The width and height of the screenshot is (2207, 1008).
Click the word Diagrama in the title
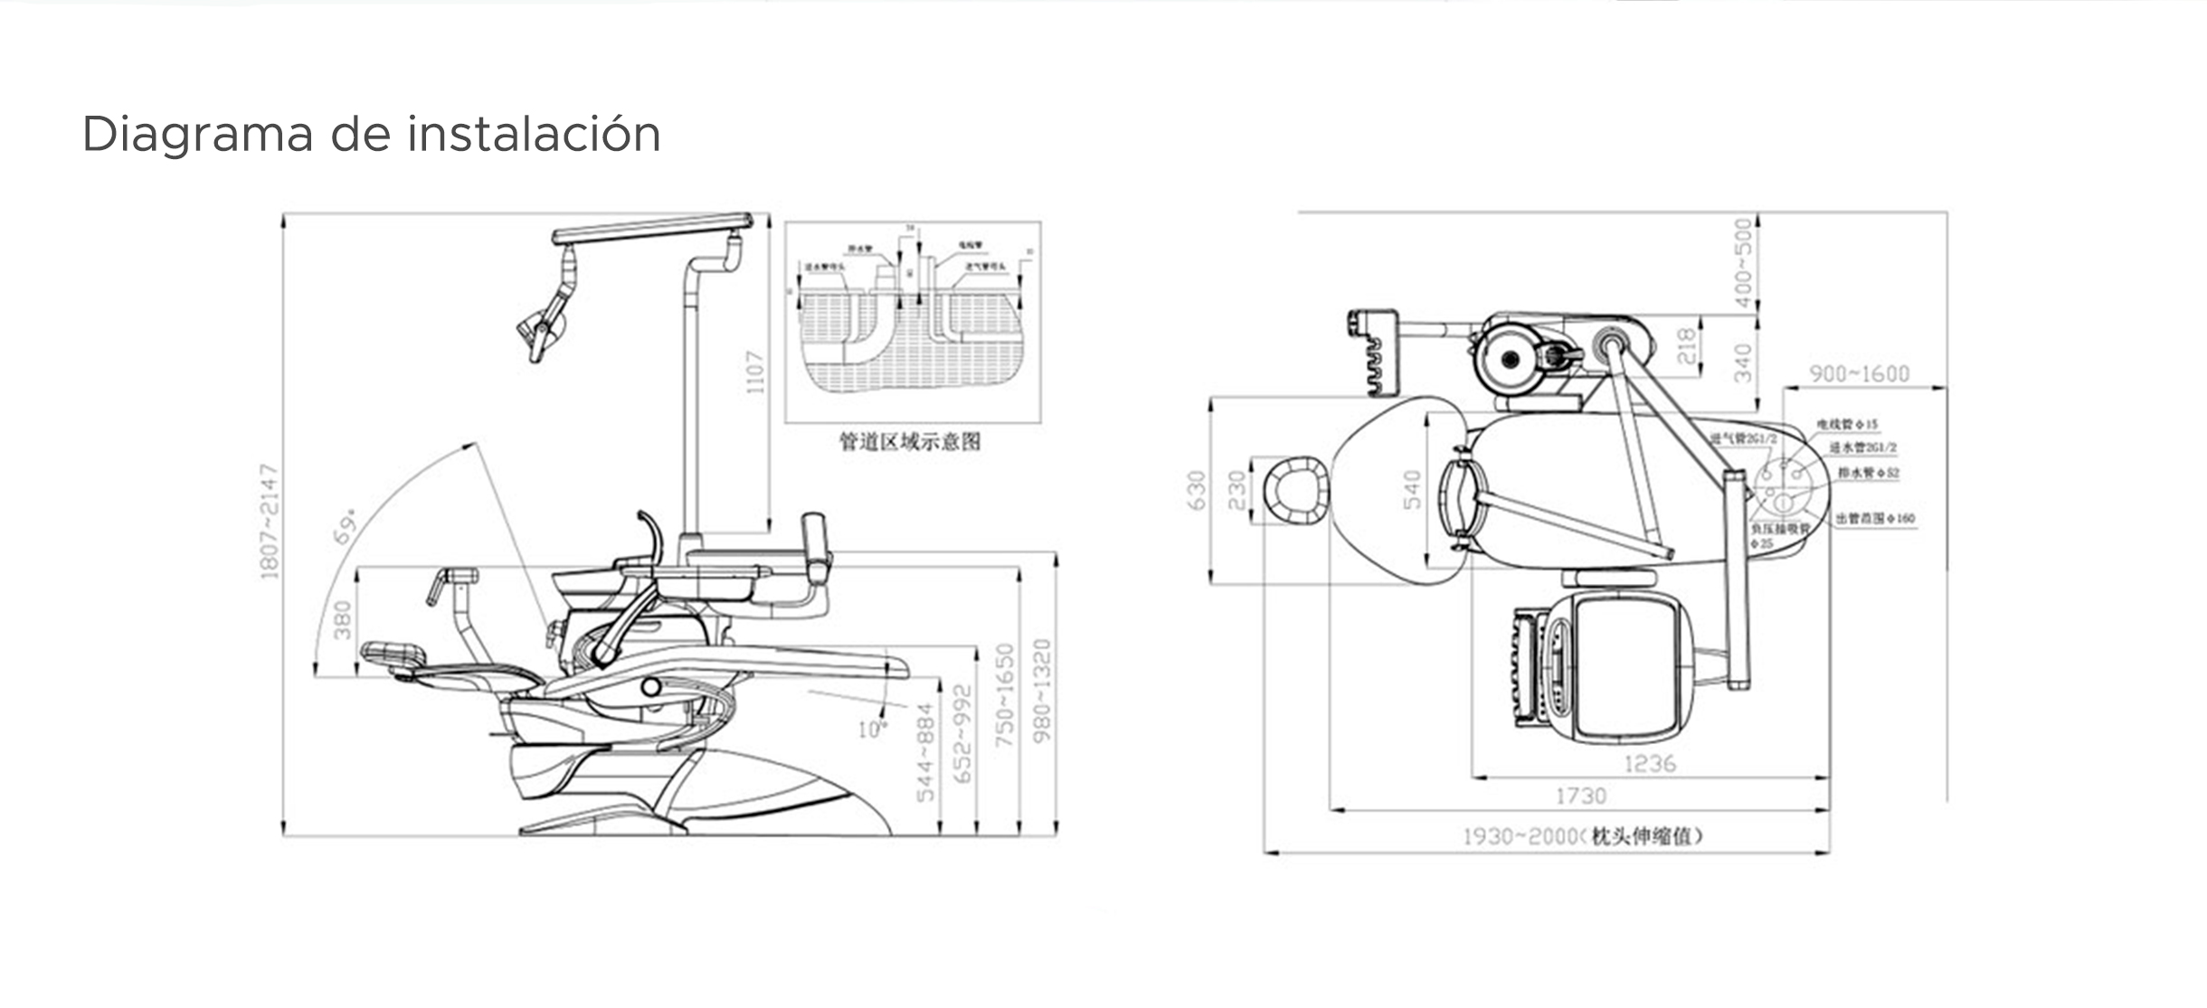coord(197,135)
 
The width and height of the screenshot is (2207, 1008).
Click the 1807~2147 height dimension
coord(270,522)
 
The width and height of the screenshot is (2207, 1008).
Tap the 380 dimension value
coord(343,620)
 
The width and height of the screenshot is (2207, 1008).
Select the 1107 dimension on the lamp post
coord(756,372)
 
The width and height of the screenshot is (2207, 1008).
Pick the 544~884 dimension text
coord(925,752)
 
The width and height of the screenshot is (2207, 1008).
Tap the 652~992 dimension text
coord(963,734)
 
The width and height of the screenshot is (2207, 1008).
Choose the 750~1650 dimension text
coord(1005,695)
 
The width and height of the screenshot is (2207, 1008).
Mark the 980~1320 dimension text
coord(1043,691)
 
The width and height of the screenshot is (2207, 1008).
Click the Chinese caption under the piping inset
coord(910,442)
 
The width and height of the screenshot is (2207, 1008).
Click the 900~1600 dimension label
coord(1859,373)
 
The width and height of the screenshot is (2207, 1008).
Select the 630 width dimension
coord(1196,491)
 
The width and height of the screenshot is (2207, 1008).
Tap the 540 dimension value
coord(1412,491)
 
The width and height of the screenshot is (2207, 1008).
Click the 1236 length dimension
coord(1650,764)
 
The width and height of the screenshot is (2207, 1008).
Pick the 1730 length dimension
coord(1581,796)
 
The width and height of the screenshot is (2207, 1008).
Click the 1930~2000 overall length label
coord(1582,837)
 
